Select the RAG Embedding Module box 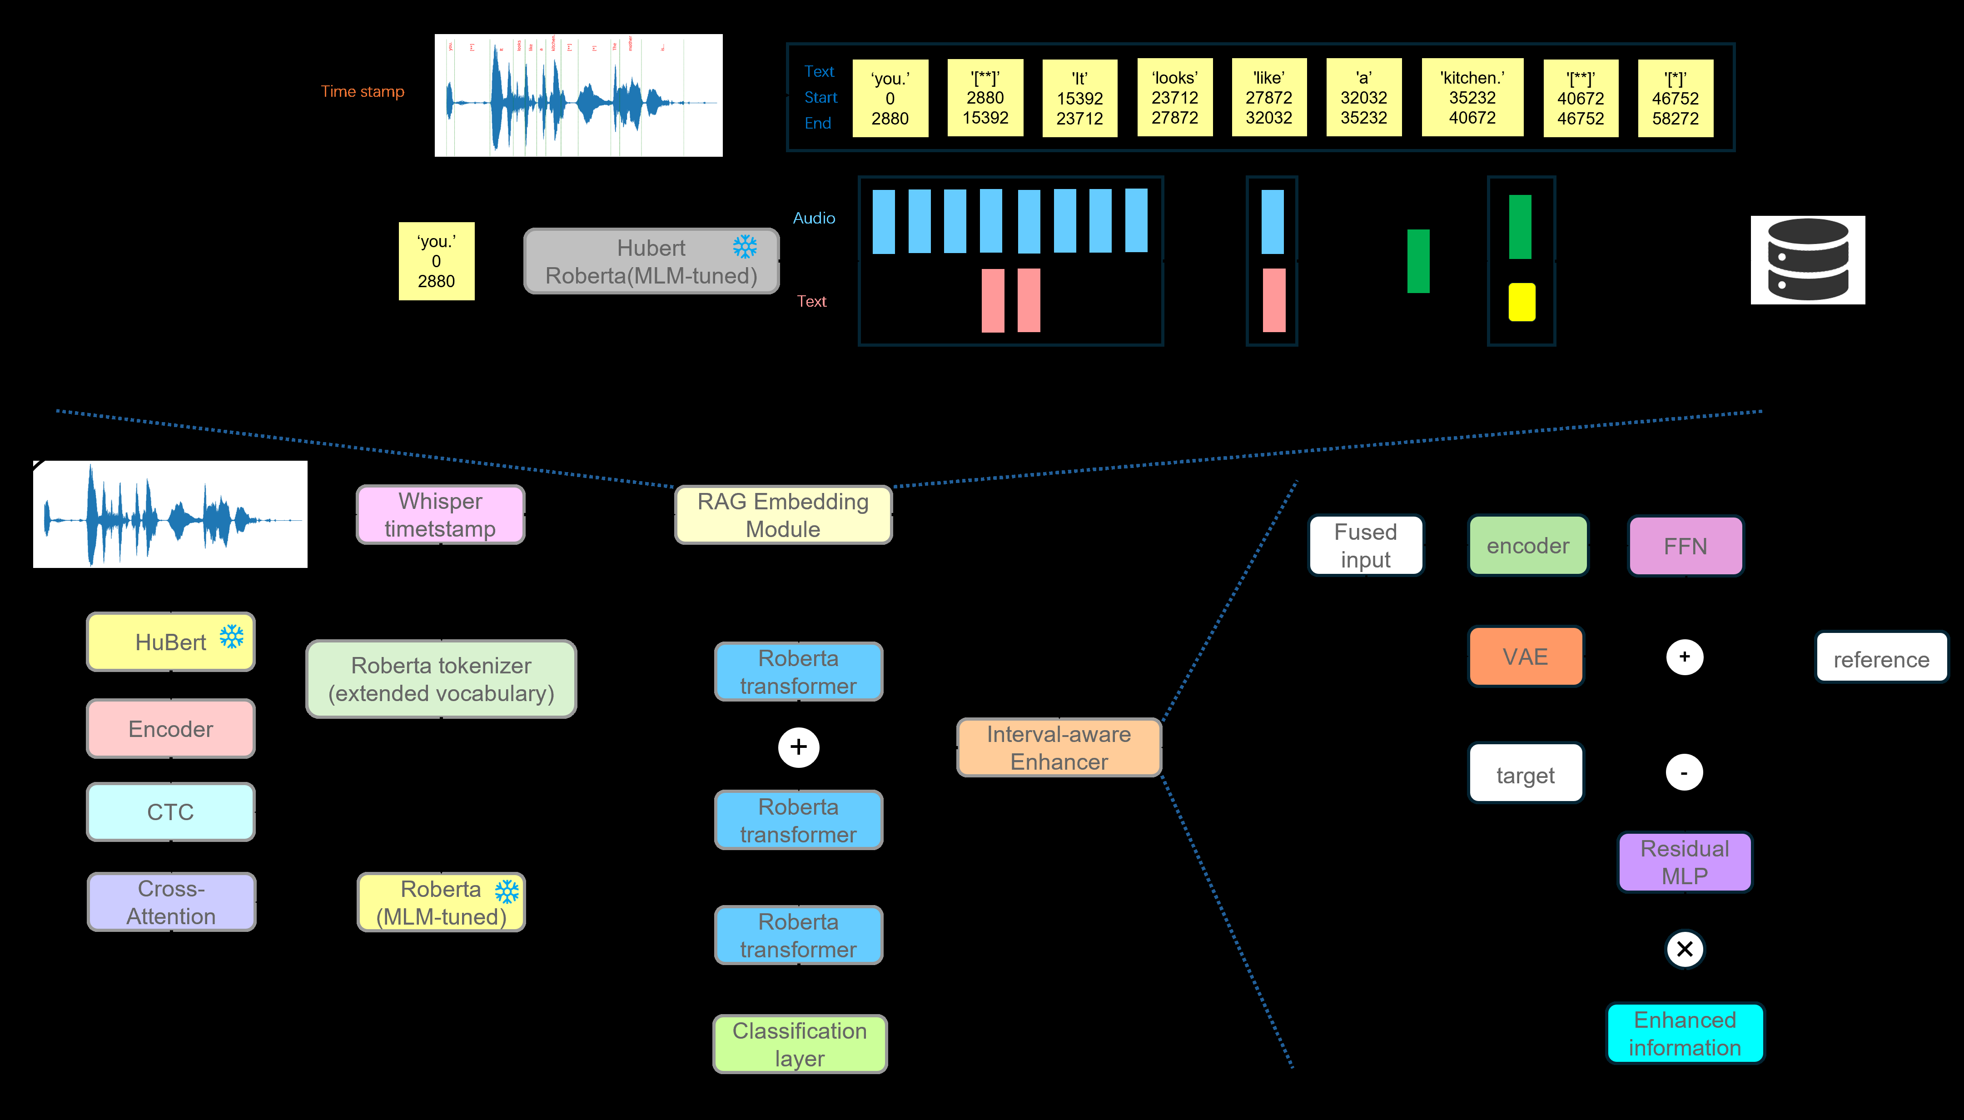pyautogui.click(x=783, y=515)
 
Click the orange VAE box pyautogui.click(x=1526, y=656)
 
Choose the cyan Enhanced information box pyautogui.click(x=1684, y=1033)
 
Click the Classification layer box pyautogui.click(x=800, y=1044)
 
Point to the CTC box pyautogui.click(x=171, y=811)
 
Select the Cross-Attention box pyautogui.click(x=171, y=901)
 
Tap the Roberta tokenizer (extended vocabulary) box pyautogui.click(x=442, y=679)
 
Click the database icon pyautogui.click(x=1807, y=260)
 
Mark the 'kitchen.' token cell pyautogui.click(x=1472, y=98)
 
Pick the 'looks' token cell pyautogui.click(x=1174, y=98)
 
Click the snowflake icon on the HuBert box pyautogui.click(x=231, y=636)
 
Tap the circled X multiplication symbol pyautogui.click(x=1684, y=949)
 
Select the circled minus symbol pyautogui.click(x=1684, y=772)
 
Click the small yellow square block pyautogui.click(x=1521, y=302)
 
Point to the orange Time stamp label pyautogui.click(x=362, y=91)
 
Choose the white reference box pyautogui.click(x=1881, y=658)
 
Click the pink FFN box pyautogui.click(x=1685, y=546)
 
